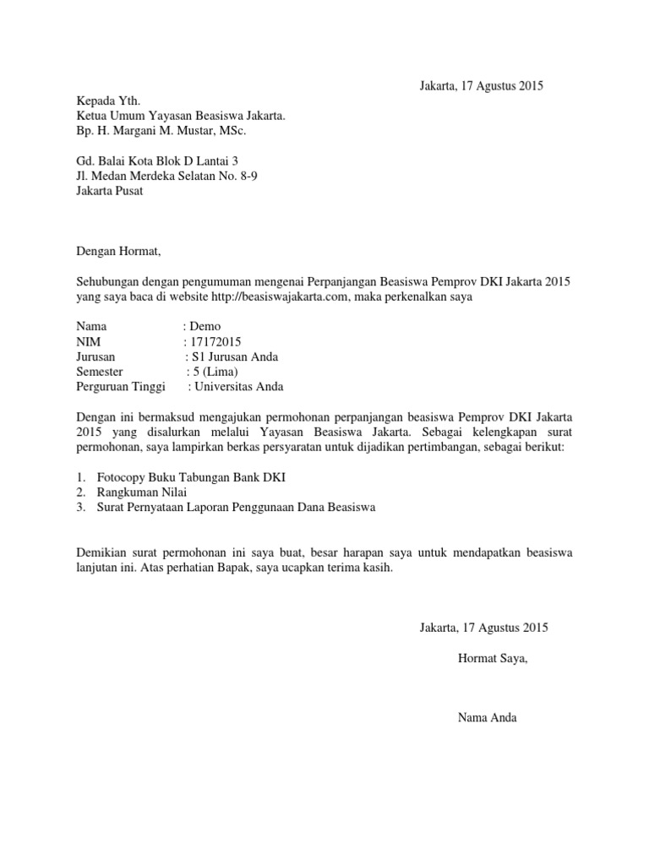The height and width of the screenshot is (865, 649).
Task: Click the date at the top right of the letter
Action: tap(481, 85)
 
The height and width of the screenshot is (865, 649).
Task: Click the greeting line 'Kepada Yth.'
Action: tap(105, 101)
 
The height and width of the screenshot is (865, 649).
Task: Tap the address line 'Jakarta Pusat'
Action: tap(110, 191)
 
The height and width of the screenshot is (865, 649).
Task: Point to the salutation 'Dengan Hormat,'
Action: tap(117, 251)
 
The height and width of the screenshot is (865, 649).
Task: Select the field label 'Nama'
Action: tap(92, 326)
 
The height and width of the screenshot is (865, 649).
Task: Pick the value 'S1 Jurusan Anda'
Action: tap(236, 356)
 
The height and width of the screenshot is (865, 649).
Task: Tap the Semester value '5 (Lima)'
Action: tap(216, 372)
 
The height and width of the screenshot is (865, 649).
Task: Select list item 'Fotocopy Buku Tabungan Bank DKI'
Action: tap(191, 477)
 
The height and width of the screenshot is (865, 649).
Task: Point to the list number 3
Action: tap(80, 508)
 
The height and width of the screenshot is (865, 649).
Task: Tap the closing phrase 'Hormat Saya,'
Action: tap(493, 658)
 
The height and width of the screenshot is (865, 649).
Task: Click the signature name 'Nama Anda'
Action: tap(486, 718)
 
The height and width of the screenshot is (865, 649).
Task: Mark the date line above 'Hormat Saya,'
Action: tap(484, 628)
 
